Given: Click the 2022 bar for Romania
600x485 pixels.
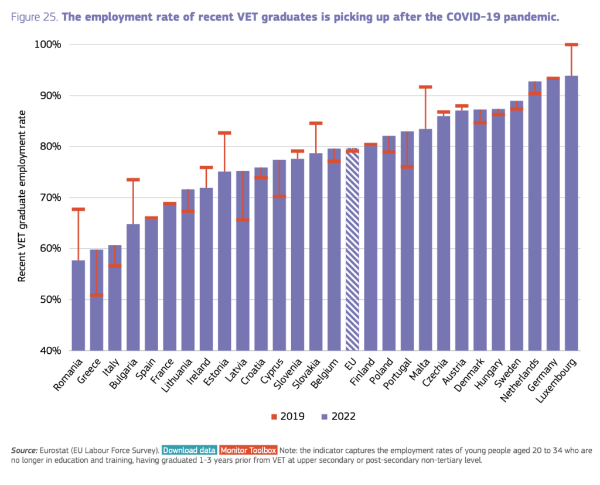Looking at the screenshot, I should pyautogui.click(x=78, y=305).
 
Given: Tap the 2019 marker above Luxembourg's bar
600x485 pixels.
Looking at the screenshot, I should pyautogui.click(x=571, y=45).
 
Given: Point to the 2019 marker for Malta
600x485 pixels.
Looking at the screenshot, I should pyautogui.click(x=425, y=87).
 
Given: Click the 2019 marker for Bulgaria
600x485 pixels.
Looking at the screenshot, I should pyautogui.click(x=133, y=179).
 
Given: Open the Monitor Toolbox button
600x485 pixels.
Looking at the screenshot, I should pyautogui.click(x=248, y=450).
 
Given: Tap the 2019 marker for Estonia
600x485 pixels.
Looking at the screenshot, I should pyautogui.click(x=224, y=133).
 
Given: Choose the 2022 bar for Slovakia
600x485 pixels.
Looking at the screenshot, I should pyautogui.click(x=316, y=252).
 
